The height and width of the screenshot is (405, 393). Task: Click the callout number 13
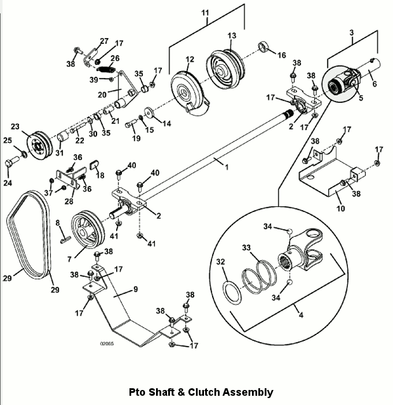(232, 36)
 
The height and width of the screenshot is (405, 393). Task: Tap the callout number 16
(281, 55)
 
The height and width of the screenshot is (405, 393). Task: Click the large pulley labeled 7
(88, 230)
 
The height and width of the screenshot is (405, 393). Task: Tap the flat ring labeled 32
(232, 293)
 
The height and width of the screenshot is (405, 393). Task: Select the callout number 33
(246, 248)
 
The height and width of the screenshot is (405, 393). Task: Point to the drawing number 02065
(107, 344)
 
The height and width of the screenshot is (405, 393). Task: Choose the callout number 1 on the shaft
(227, 168)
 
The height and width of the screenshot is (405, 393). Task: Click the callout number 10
(340, 209)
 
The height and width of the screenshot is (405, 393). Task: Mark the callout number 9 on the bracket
(136, 289)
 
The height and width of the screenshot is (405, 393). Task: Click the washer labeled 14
(149, 112)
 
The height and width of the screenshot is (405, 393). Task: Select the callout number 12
(190, 60)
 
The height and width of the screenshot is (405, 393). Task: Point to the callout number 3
(351, 33)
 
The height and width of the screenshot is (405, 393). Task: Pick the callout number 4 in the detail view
(301, 315)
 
